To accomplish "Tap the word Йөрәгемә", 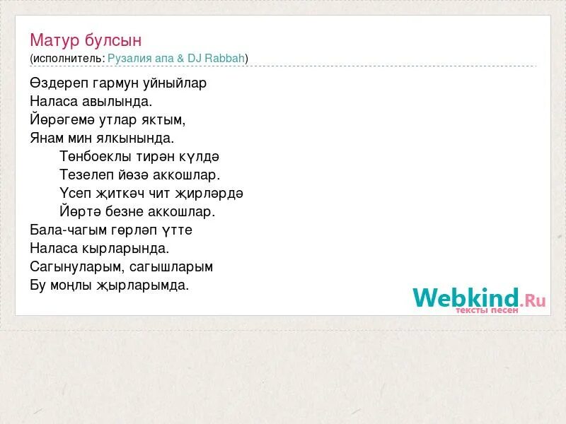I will (x=61, y=119).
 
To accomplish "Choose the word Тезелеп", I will (x=83, y=175).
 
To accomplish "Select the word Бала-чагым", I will (x=66, y=230).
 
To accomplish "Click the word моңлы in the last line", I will (x=70, y=285).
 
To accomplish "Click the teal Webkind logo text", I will (x=466, y=298).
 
